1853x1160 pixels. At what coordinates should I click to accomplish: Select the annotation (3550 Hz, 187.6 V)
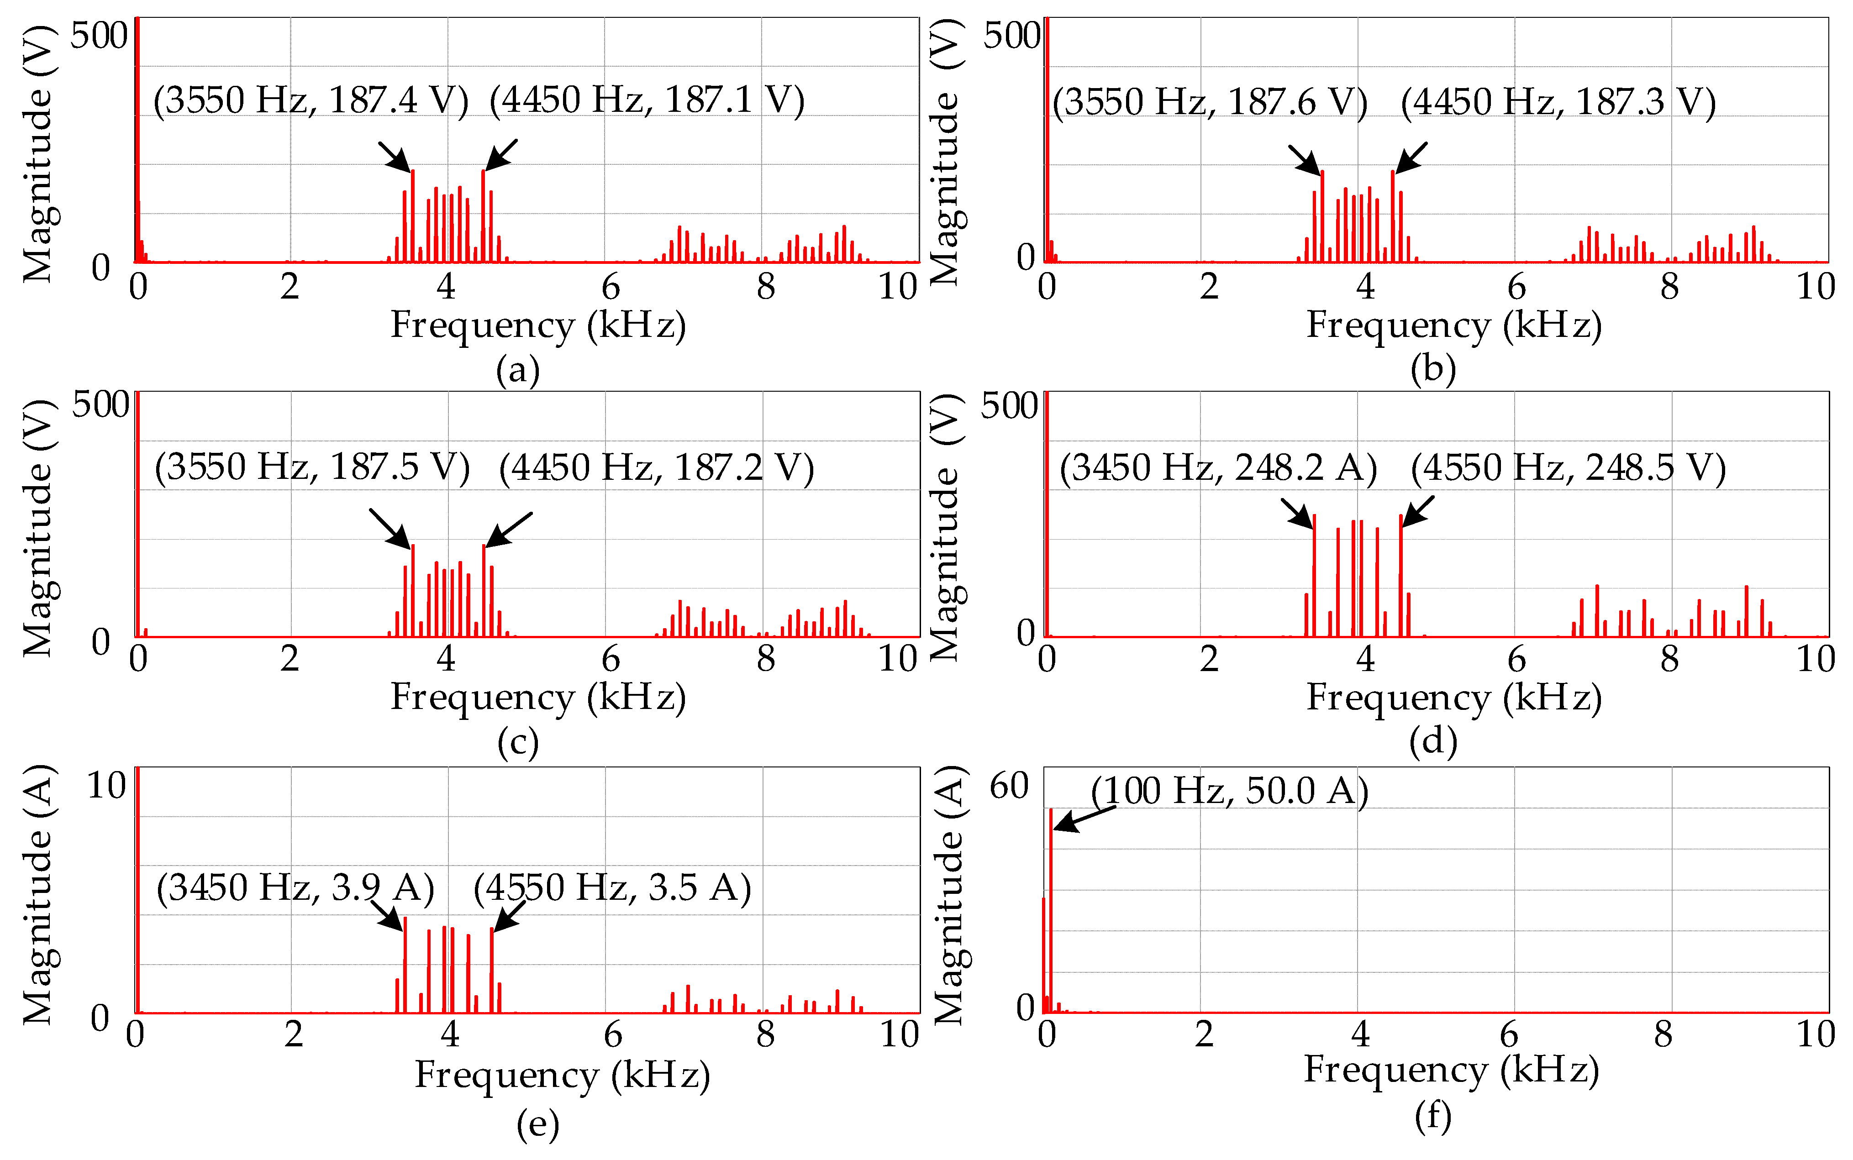coord(1209,102)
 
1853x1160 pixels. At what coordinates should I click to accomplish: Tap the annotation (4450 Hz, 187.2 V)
coord(656,468)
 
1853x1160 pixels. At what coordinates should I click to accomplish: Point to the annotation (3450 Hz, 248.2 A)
coord(1218,468)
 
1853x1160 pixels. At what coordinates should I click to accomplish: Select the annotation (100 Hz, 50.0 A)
coord(1229,791)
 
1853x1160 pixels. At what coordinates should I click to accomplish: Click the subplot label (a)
coord(518,371)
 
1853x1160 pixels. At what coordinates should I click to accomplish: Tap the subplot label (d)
coord(1432,741)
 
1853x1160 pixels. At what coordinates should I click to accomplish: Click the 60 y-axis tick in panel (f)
coord(1008,787)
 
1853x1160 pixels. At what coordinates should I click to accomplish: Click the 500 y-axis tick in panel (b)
coord(1011,36)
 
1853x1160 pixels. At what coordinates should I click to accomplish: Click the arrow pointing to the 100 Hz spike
coord(1084,819)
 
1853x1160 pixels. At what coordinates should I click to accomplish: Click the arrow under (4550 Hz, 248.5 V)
coord(1417,511)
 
